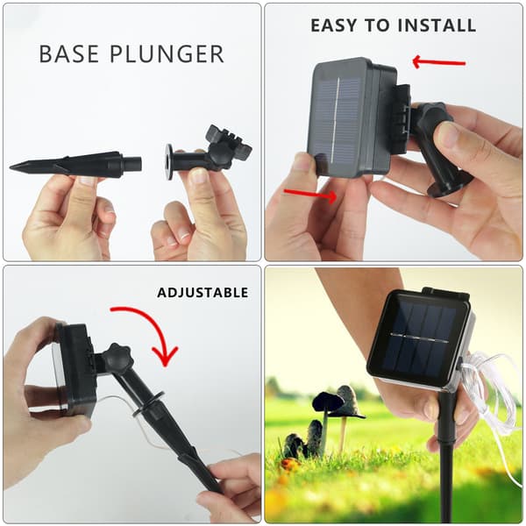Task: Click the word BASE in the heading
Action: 69,53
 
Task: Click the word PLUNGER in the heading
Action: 167,53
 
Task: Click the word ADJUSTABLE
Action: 203,293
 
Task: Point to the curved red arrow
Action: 157,323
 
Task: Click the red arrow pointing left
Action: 438,62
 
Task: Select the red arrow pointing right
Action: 310,195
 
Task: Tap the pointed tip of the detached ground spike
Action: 10,167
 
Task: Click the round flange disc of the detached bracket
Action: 169,161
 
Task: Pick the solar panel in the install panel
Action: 338,119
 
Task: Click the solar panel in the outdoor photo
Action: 419,338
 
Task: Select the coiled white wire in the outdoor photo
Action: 489,396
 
